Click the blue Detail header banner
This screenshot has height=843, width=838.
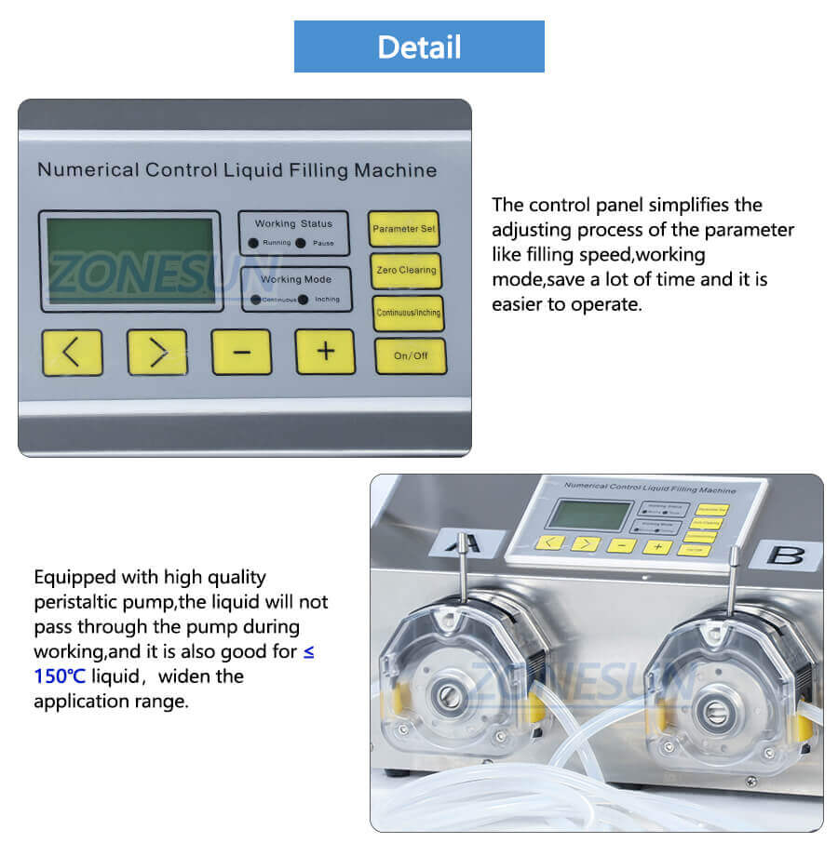tap(419, 47)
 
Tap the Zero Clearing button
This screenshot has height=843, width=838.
tap(405, 271)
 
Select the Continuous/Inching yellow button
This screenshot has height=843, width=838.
tap(408, 314)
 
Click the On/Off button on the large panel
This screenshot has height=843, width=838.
tap(411, 355)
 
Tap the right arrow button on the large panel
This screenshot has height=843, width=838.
tap(157, 353)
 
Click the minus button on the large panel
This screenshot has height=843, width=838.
tap(241, 353)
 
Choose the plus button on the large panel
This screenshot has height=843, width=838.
tap(325, 352)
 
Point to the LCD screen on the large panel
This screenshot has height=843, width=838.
tap(129, 260)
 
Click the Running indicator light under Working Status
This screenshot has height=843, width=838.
tap(253, 243)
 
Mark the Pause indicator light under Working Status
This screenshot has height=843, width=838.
tap(301, 243)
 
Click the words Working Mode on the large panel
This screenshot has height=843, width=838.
tap(295, 279)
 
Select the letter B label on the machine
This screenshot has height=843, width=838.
tap(787, 555)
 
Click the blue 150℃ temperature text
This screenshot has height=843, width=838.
tap(61, 676)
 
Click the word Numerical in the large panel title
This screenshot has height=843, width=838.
tap(88, 170)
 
